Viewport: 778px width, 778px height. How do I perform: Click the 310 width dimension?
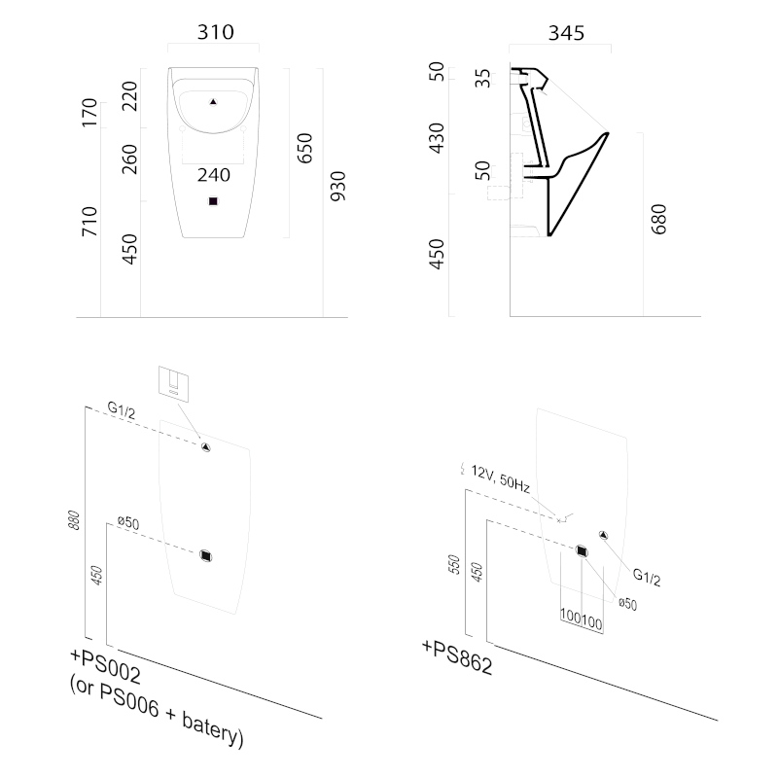[x=215, y=32]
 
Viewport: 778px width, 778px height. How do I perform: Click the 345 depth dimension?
[x=566, y=33]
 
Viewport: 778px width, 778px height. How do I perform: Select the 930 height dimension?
[x=337, y=187]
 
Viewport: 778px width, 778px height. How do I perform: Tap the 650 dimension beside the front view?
[x=304, y=148]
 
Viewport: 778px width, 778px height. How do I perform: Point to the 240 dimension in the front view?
[x=214, y=175]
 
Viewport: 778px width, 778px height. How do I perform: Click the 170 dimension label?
[x=89, y=113]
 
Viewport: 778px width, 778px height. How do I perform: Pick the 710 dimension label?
[x=89, y=222]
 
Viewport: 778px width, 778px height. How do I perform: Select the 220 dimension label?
[x=129, y=96]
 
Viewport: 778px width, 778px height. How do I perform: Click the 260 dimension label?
[x=129, y=159]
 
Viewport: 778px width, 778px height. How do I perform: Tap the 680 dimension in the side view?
[x=658, y=219]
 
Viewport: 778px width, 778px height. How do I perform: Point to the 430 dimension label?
[x=437, y=138]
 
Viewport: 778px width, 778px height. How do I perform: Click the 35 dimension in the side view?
[x=482, y=79]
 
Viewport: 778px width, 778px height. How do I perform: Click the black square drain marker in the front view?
[x=213, y=201]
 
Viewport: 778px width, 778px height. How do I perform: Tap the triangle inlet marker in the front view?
[x=213, y=102]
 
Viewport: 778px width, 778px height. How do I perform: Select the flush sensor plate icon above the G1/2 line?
[x=173, y=383]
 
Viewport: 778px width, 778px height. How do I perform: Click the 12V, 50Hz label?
[x=501, y=478]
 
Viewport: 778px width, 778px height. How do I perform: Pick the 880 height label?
[x=74, y=520]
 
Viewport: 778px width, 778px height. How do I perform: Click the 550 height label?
[x=454, y=565]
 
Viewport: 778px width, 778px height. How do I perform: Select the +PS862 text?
[x=457, y=657]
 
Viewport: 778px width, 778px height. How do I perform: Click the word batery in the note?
[x=212, y=729]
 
